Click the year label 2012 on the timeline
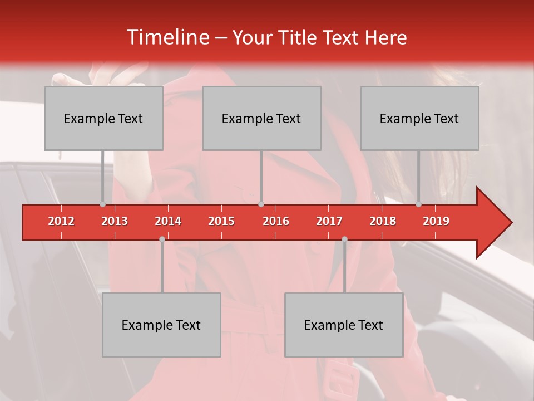(61, 221)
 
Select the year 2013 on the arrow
(115, 221)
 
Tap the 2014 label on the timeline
(168, 221)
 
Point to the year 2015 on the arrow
(221, 221)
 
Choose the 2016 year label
(276, 221)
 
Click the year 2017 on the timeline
(329, 221)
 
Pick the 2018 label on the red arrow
(383, 221)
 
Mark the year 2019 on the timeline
(436, 221)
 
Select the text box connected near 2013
(103, 118)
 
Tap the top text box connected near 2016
(261, 118)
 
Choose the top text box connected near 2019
(419, 118)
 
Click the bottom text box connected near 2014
(161, 325)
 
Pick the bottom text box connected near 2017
(344, 325)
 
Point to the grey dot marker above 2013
(102, 204)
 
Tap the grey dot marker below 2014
(162, 239)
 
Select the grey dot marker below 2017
(344, 239)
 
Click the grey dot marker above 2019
(419, 204)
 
